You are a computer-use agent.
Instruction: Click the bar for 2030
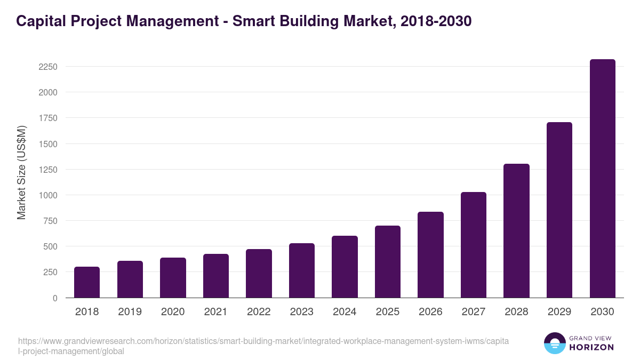(602, 179)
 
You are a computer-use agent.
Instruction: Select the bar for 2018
(87, 282)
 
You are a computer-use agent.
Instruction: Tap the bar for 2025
(387, 261)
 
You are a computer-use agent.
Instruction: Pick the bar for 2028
(516, 230)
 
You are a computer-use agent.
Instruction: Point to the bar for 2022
(259, 273)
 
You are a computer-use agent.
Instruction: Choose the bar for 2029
(559, 210)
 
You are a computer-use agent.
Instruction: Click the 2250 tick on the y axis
(48, 67)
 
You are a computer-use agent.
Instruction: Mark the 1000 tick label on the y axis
(48, 195)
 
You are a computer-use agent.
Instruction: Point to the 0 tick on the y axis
(55, 298)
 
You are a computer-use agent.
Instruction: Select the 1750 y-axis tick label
(48, 118)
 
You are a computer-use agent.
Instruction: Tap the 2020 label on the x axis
(173, 312)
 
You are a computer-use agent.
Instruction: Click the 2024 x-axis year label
(345, 312)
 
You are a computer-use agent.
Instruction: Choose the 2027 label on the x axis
(474, 312)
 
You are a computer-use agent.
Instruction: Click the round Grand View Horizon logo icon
(554, 343)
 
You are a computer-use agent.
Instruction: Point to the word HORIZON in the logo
(591, 347)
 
